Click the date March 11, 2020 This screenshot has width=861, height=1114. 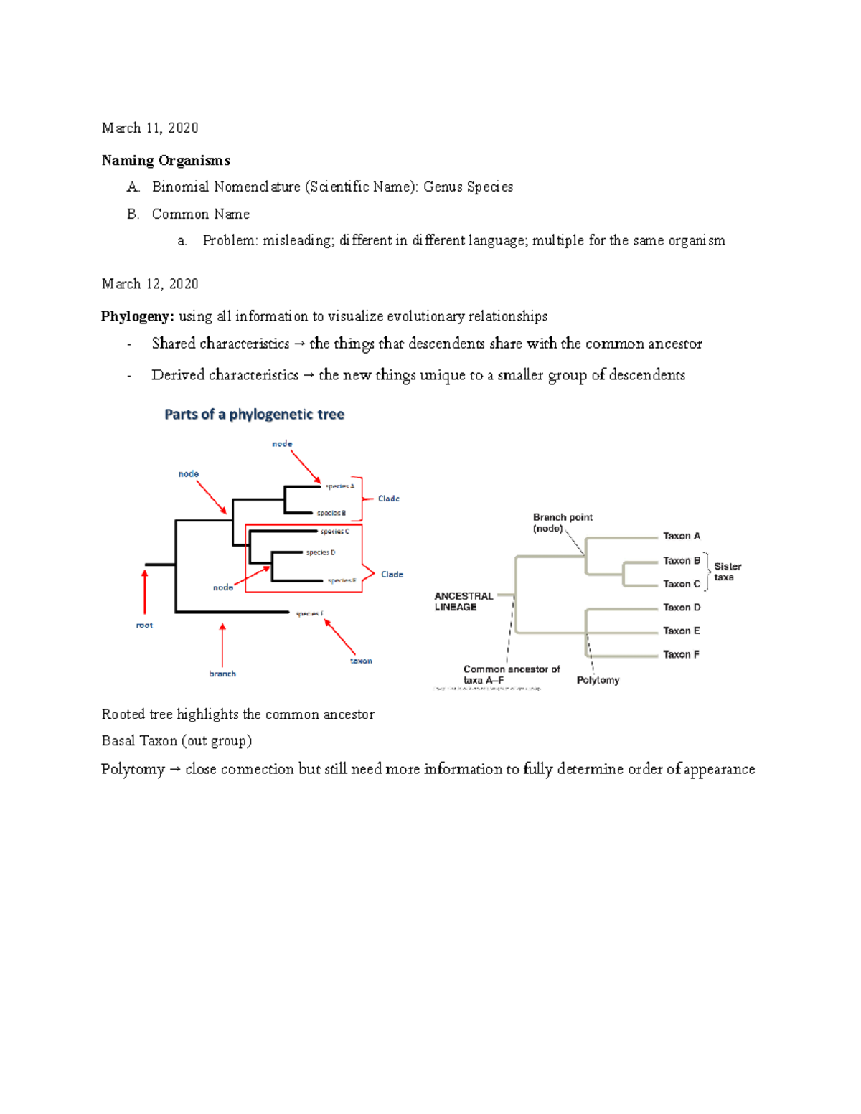(x=150, y=128)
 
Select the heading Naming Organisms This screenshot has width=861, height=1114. (x=166, y=160)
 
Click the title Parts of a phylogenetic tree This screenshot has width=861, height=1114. (x=254, y=414)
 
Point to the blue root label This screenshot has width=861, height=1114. (x=144, y=626)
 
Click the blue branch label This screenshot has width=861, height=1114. (x=222, y=674)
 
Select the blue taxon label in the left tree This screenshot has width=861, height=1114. (x=361, y=661)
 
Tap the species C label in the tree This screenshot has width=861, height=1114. (x=334, y=532)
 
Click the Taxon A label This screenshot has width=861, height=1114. (x=681, y=536)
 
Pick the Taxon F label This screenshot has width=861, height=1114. (x=681, y=654)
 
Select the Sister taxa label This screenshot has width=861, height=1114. (x=727, y=572)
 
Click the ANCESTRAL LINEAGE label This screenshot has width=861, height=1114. (x=463, y=601)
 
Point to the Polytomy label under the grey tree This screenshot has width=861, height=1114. (x=598, y=680)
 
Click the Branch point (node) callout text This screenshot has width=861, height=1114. (x=562, y=522)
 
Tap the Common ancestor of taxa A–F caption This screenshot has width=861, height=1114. (x=511, y=674)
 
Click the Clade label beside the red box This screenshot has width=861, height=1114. (x=392, y=574)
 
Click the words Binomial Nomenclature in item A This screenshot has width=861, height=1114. (x=226, y=187)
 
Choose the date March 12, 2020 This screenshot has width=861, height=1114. (x=150, y=284)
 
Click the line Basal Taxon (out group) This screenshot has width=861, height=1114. (x=177, y=741)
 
